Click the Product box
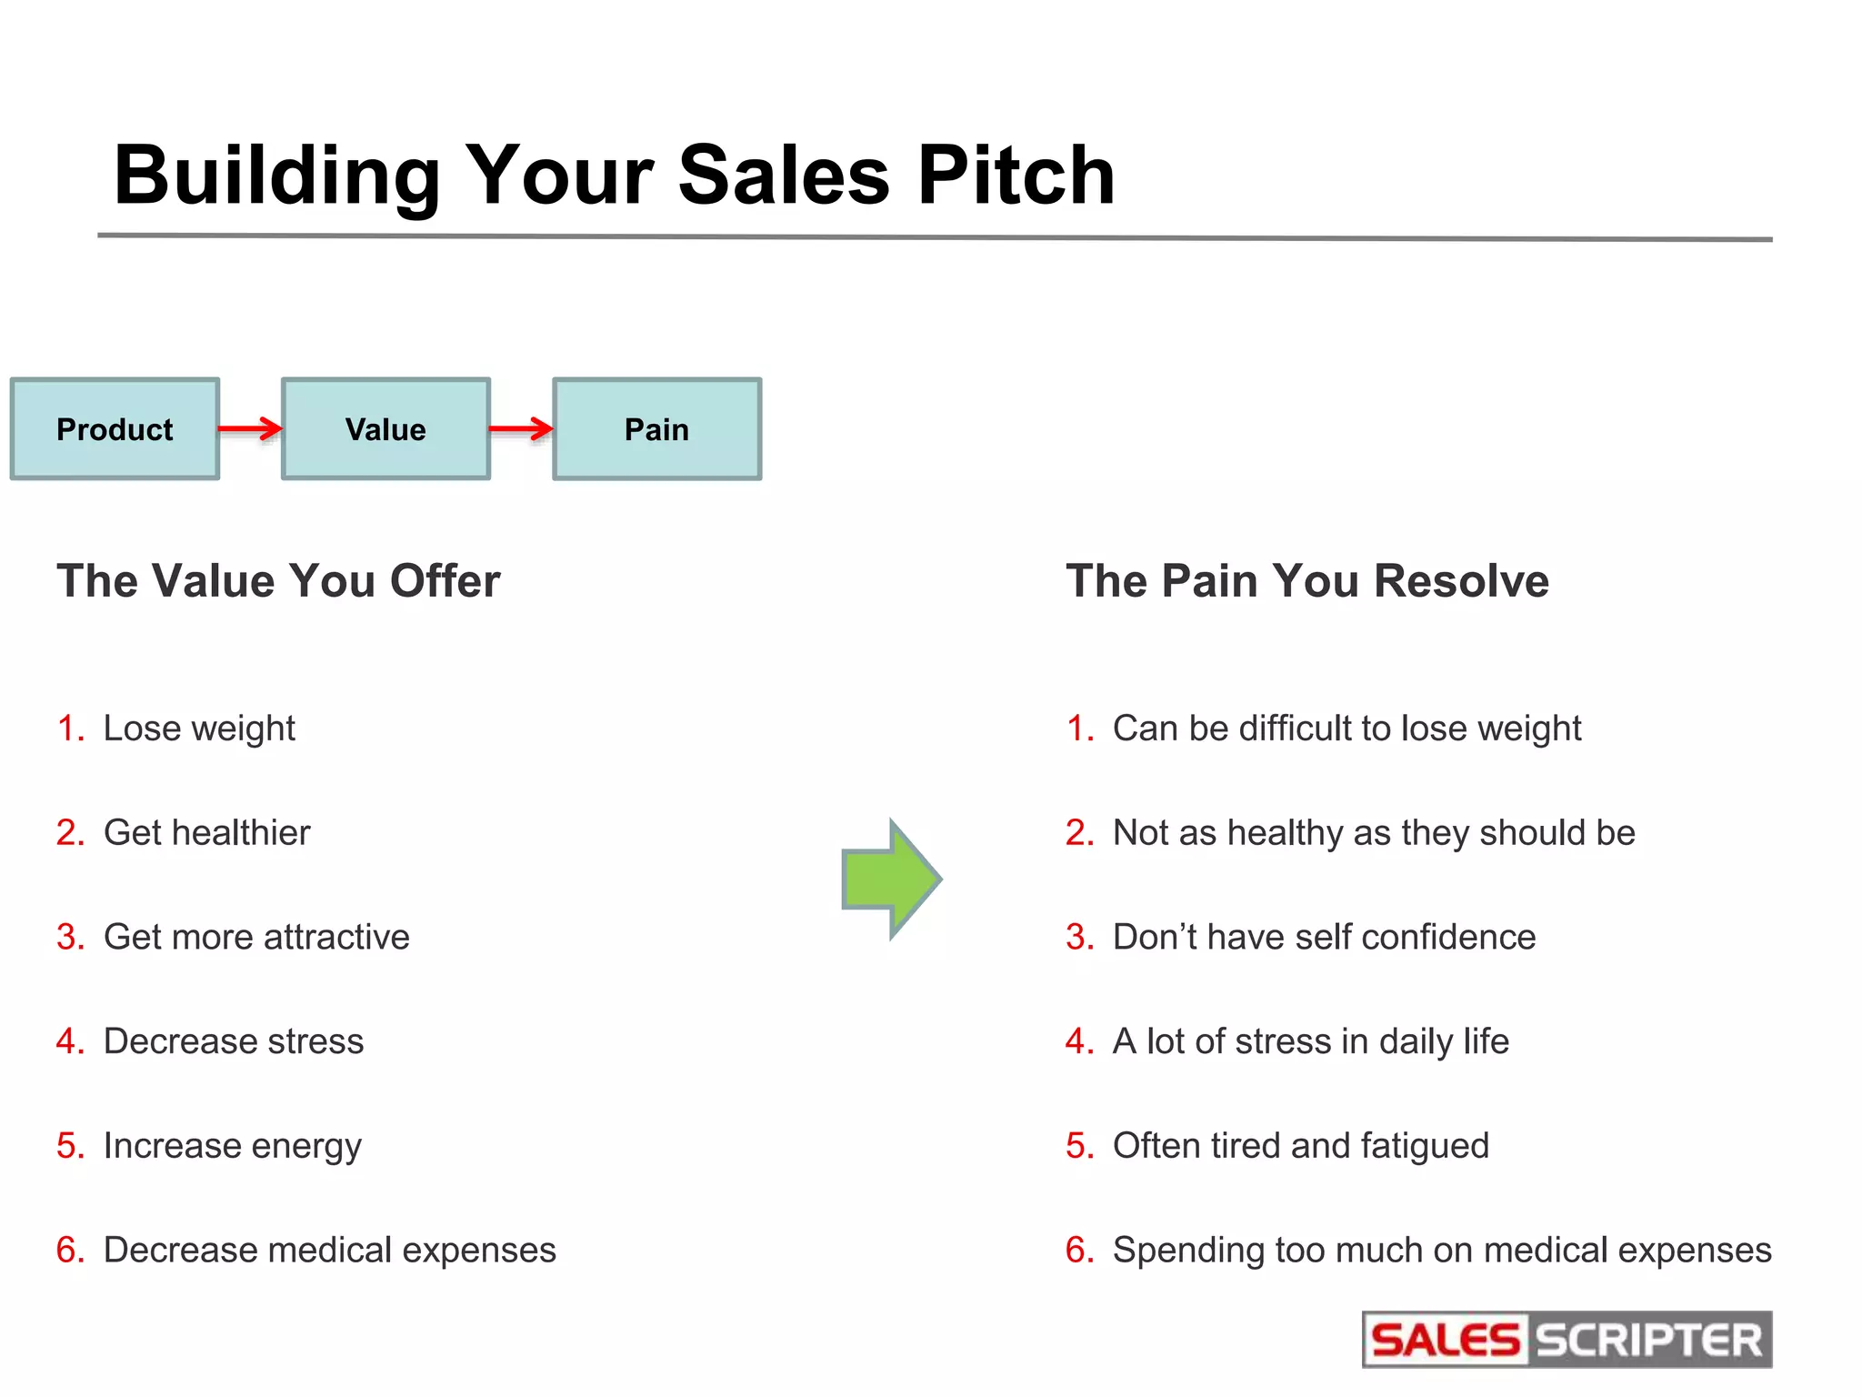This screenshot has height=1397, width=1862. (115, 428)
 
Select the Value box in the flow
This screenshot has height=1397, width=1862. (385, 428)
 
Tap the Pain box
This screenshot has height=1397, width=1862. (656, 428)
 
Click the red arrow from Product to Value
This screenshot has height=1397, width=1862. (250, 428)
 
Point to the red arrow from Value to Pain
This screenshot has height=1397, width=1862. (521, 428)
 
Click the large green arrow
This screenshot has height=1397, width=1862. (890, 879)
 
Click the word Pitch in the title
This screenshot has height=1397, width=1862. (1016, 175)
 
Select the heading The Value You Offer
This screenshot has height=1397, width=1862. (278, 580)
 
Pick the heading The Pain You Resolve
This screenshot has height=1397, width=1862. (1307, 580)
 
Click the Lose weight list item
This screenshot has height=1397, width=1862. (199, 729)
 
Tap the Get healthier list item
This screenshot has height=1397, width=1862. (206, 833)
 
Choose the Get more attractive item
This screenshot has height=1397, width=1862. (256, 937)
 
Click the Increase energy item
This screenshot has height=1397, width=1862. (232, 1146)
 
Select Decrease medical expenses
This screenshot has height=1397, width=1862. (329, 1251)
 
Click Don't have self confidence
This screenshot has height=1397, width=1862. (1324, 937)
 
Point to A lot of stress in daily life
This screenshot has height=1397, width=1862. (1310, 1041)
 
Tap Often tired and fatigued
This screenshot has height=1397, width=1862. (1300, 1146)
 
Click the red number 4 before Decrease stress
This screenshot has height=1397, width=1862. (68, 1041)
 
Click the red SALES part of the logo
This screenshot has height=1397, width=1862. (1445, 1341)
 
